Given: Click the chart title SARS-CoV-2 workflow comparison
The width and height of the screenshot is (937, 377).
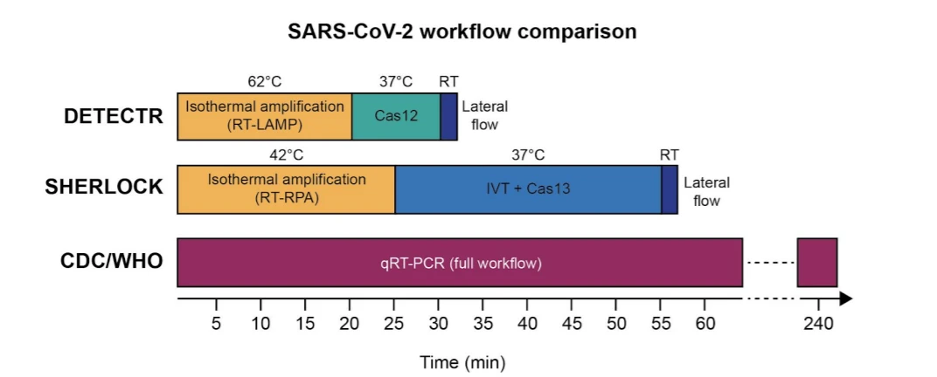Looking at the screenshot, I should pos(462,32).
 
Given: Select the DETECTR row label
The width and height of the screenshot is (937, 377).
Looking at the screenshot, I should pos(114,116).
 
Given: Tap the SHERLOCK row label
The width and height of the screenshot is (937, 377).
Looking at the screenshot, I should pos(104,188).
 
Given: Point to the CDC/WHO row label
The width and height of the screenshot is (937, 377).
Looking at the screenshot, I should pos(111,261).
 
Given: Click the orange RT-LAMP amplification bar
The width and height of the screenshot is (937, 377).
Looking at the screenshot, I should pos(264,116).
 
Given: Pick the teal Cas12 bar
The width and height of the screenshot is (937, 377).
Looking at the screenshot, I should pos(396,116).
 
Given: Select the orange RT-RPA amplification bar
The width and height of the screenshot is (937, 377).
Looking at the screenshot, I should pos(286,188).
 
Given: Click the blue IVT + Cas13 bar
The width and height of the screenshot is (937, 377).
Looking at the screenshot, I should pos(528,188).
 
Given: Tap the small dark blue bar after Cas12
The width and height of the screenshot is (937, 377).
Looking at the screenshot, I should pos(448,116).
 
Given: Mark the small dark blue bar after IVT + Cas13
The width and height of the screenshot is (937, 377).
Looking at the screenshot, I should pos(670,188).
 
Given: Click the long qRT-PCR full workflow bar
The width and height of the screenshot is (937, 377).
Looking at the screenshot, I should pos(460,262).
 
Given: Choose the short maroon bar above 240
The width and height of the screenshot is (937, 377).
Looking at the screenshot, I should pos(817,262).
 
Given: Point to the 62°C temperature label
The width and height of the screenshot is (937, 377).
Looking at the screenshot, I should pos(264,82).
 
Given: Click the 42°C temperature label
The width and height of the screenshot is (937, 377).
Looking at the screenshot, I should pos(286,155).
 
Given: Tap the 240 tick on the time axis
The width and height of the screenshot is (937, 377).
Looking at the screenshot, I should pos(817,324).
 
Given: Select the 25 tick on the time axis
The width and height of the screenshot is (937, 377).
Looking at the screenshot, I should pos(395,324).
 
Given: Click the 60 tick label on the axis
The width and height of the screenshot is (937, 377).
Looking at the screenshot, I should pos(704,324).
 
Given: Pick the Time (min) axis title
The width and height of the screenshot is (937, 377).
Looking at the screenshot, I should pos(462,361).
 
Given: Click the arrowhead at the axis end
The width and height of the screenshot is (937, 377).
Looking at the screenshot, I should pos(845,298).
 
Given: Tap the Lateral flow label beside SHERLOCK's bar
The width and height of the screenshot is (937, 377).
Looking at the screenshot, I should pos(706,192).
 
